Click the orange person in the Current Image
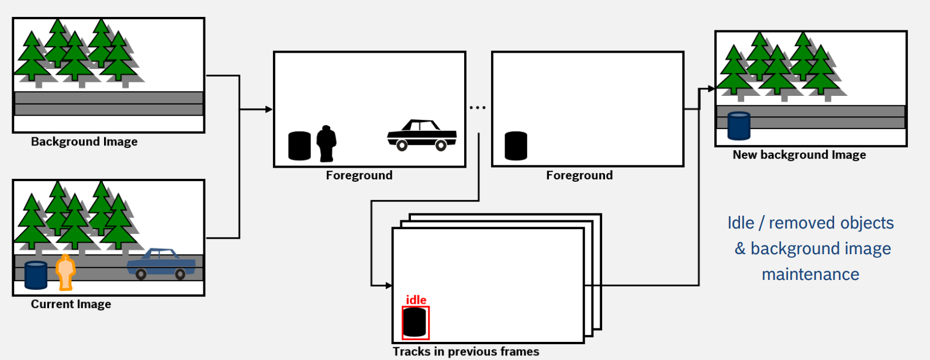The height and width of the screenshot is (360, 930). (65, 272)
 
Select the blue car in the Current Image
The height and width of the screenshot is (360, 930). (161, 264)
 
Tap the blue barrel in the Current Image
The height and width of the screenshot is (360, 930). (36, 275)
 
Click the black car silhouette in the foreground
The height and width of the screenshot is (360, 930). (421, 136)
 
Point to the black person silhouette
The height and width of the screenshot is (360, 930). (326, 143)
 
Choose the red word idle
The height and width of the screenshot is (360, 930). (416, 300)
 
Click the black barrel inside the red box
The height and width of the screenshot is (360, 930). (415, 322)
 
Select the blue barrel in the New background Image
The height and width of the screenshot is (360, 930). (739, 126)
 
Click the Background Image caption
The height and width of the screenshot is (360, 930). (84, 142)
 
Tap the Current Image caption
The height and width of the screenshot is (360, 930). (71, 304)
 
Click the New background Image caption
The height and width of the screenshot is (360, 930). (799, 155)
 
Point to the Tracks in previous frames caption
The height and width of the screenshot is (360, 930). (465, 352)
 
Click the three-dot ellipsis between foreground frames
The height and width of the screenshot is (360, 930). (478, 108)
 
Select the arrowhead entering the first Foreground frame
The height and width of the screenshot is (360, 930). (269, 109)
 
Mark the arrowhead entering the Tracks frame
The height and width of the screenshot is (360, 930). (388, 285)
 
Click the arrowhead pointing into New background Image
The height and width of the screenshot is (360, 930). (711, 89)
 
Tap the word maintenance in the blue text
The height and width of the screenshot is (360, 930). (810, 274)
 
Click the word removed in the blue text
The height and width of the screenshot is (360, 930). (798, 223)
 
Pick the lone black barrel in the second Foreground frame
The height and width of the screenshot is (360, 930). (516, 146)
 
